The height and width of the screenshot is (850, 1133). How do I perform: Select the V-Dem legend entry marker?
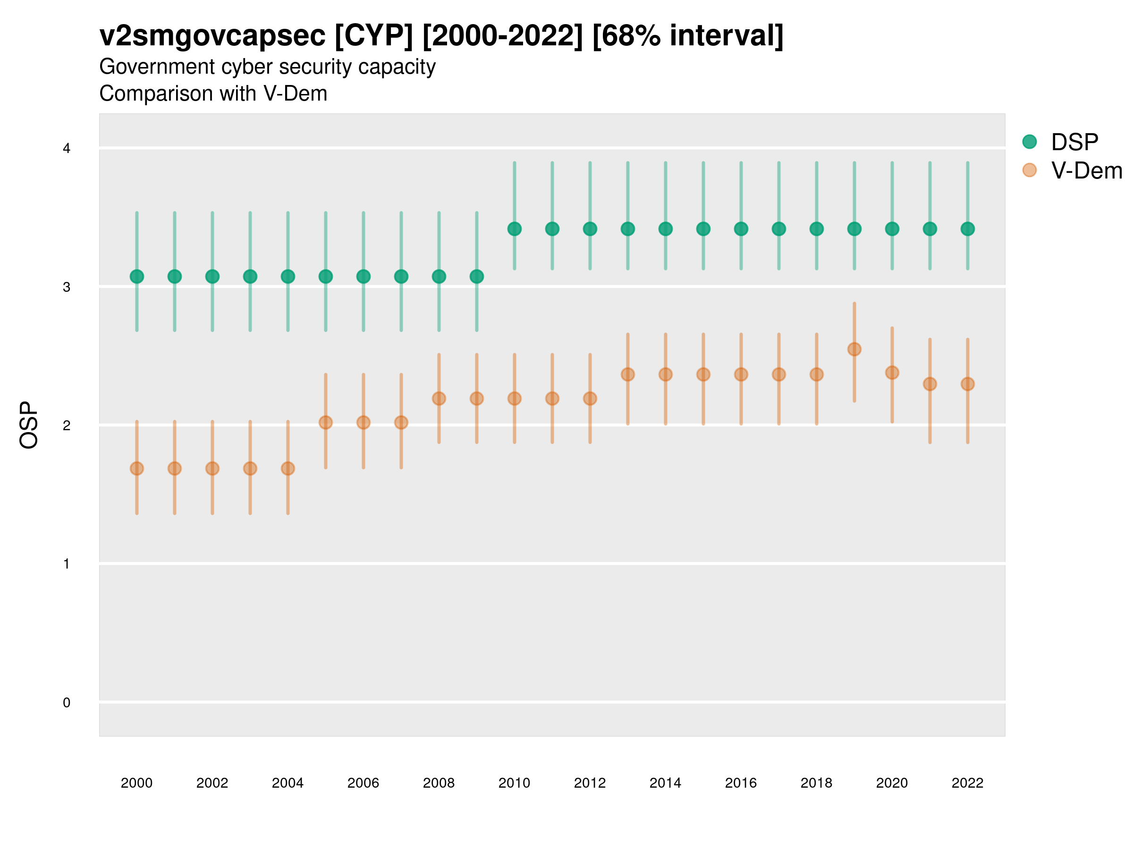(1030, 170)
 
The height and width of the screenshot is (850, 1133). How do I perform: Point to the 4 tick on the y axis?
(67, 149)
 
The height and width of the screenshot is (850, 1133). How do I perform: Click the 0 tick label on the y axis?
(67, 703)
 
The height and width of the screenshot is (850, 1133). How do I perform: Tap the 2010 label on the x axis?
(514, 783)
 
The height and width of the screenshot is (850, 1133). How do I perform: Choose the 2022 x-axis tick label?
(968, 783)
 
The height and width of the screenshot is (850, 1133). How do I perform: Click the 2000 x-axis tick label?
(137, 783)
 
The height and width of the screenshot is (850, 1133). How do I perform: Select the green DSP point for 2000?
(137, 277)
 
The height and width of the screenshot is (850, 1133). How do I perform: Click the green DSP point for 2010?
(514, 229)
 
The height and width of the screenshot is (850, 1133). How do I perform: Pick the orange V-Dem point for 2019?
(854, 349)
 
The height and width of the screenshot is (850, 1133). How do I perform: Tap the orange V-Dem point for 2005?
(326, 423)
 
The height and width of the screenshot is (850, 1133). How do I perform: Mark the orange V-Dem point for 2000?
(137, 468)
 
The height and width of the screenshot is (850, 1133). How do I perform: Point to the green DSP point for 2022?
(968, 229)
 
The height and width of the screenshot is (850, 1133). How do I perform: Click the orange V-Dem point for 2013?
(628, 374)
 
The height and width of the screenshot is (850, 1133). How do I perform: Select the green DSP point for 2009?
(477, 277)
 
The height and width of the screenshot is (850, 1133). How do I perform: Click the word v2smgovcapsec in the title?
(212, 36)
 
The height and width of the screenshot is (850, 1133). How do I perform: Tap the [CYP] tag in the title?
(373, 36)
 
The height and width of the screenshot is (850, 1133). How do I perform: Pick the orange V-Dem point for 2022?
(968, 384)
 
